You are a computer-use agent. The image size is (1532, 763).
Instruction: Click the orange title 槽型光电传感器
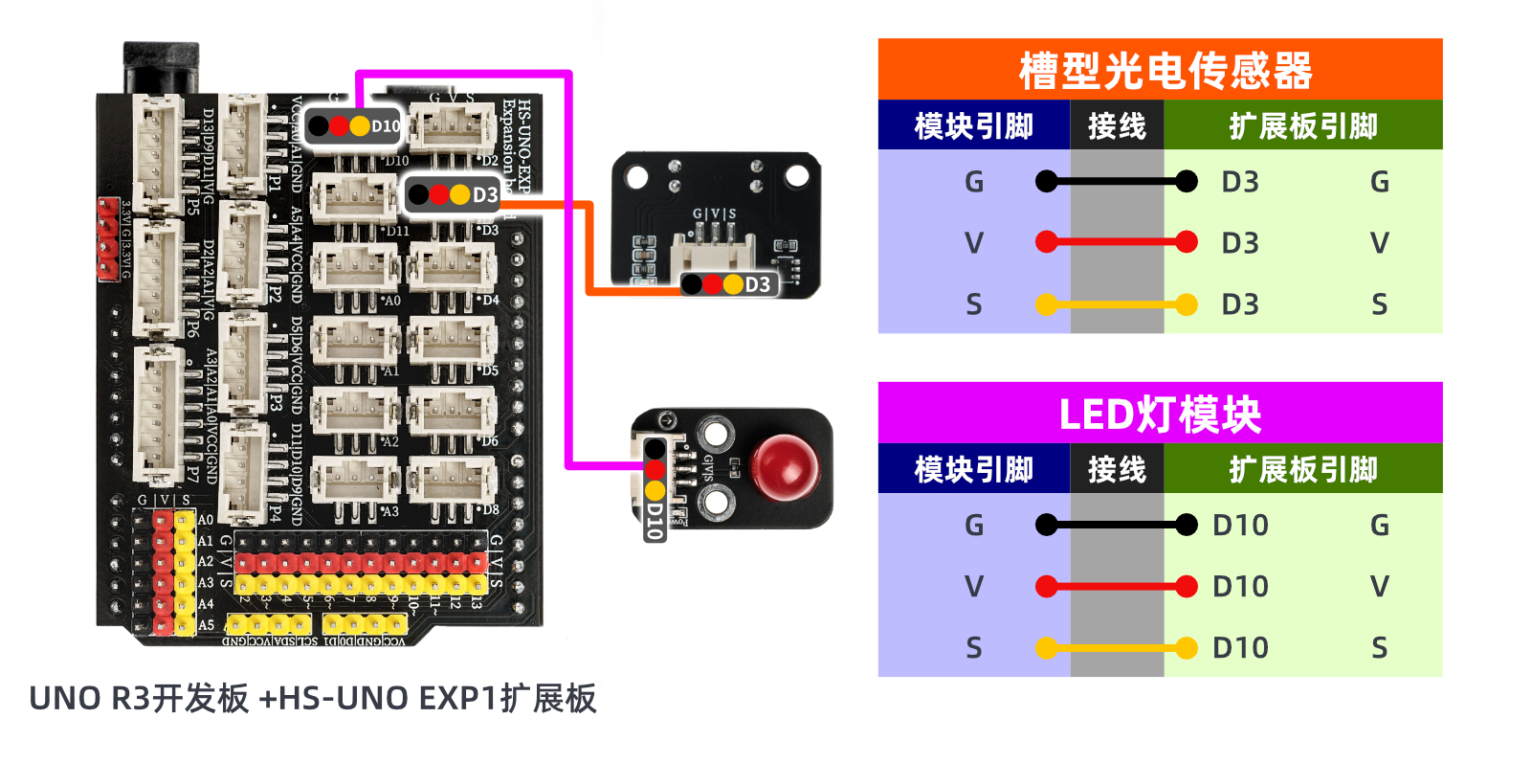coord(1164,71)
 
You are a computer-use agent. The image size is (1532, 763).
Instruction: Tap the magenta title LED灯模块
coord(1159,414)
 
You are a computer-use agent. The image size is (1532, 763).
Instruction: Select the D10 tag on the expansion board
coord(354,125)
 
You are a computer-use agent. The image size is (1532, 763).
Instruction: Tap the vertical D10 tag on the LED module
coord(655,488)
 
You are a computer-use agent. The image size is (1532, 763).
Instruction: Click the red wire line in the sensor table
coord(1116,242)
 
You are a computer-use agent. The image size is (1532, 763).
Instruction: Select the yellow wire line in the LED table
coord(1116,648)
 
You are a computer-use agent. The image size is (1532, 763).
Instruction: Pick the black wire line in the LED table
coord(1116,525)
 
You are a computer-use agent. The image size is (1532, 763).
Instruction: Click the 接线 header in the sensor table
coord(1117,125)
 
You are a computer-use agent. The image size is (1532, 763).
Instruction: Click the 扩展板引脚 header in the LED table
coord(1302,469)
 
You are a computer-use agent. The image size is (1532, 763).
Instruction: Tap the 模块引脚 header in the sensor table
coord(973,125)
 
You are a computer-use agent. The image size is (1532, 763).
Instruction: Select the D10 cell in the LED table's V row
coord(1240,586)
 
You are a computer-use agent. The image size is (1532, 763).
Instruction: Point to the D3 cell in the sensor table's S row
coord(1240,304)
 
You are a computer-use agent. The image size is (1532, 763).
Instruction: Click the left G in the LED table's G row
coord(973,525)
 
